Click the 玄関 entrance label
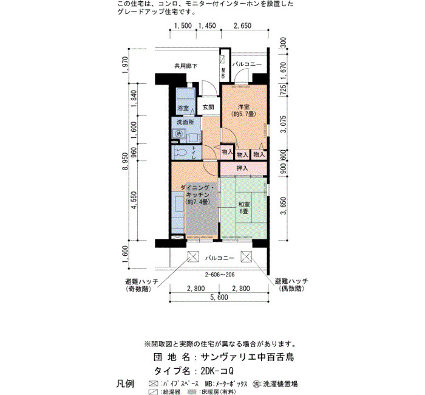(208, 107)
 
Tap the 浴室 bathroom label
(183, 108)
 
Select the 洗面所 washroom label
(185, 122)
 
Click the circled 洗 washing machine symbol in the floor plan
(178, 134)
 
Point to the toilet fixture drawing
(180, 152)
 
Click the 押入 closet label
(242, 168)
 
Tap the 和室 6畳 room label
(244, 208)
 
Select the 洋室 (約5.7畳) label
(244, 111)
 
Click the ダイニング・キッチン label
(197, 191)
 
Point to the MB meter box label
(223, 74)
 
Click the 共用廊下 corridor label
(186, 66)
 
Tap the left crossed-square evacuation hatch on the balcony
(193, 256)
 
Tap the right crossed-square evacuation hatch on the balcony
(246, 256)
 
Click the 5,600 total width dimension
(219, 297)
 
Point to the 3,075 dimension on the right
(284, 124)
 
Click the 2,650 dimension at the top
(243, 26)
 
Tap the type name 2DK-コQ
(217, 371)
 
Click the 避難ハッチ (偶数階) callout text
(291, 284)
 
